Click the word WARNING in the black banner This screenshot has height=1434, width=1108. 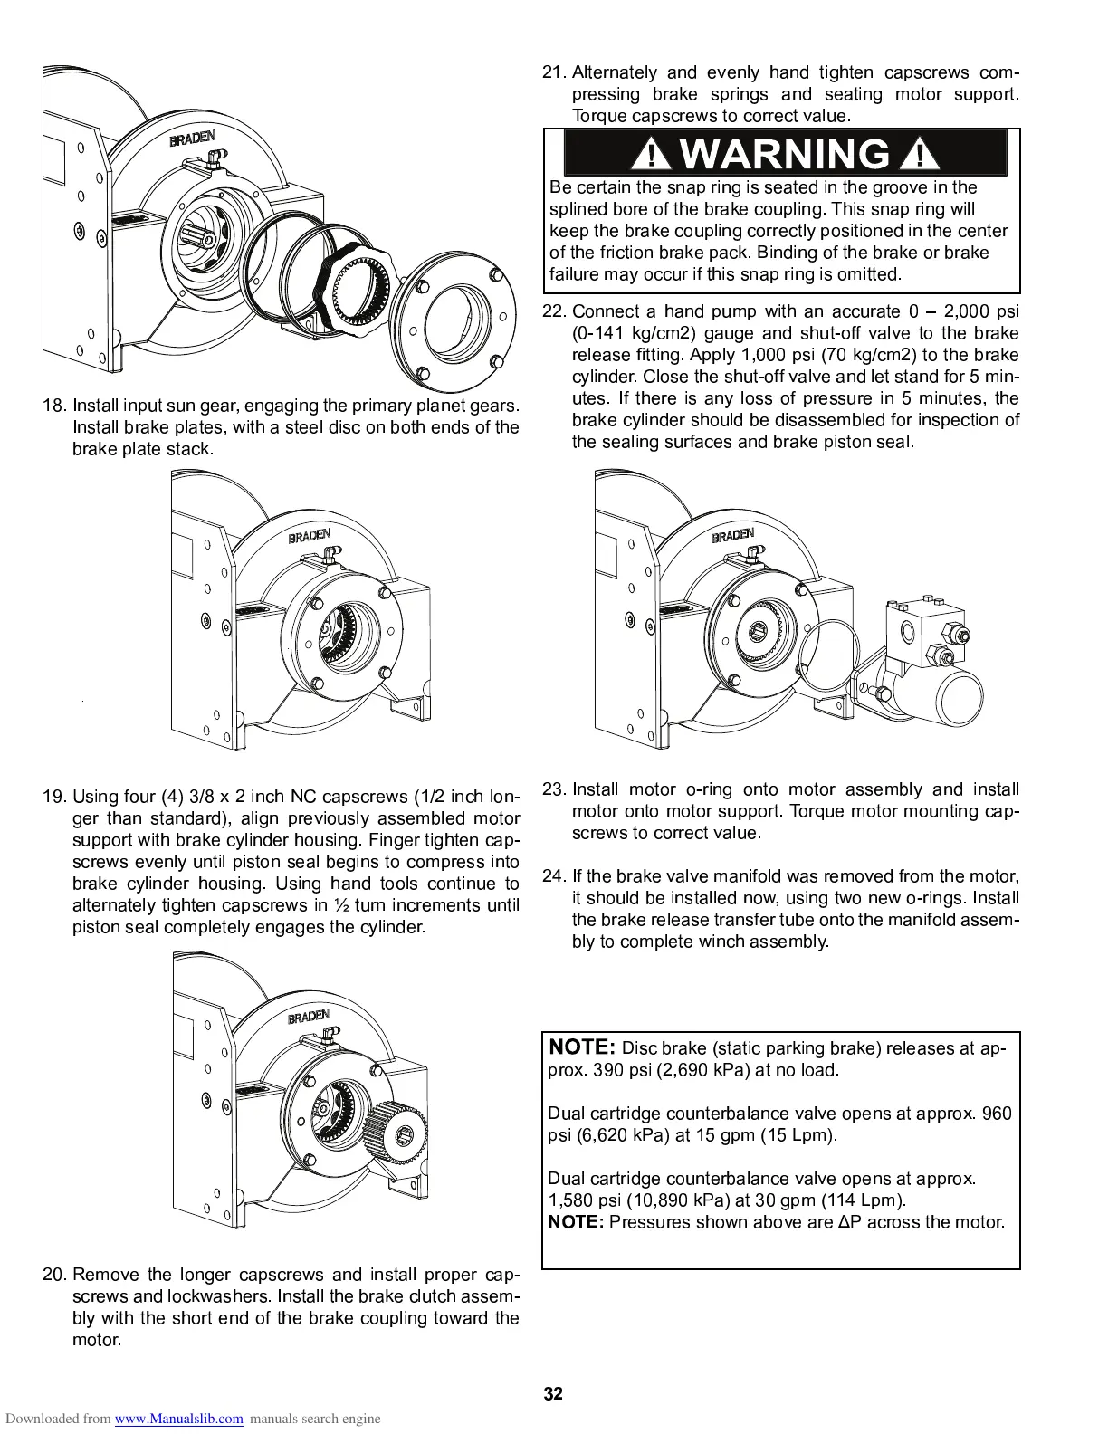point(784,154)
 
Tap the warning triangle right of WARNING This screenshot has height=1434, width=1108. point(920,156)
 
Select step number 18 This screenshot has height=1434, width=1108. point(55,405)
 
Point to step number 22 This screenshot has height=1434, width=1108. point(553,311)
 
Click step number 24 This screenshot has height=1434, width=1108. point(553,876)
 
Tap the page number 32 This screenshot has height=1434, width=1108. point(553,1393)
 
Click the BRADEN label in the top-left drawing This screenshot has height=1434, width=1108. point(192,139)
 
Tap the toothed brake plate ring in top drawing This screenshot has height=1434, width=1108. point(358,285)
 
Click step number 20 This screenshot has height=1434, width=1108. point(55,1275)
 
